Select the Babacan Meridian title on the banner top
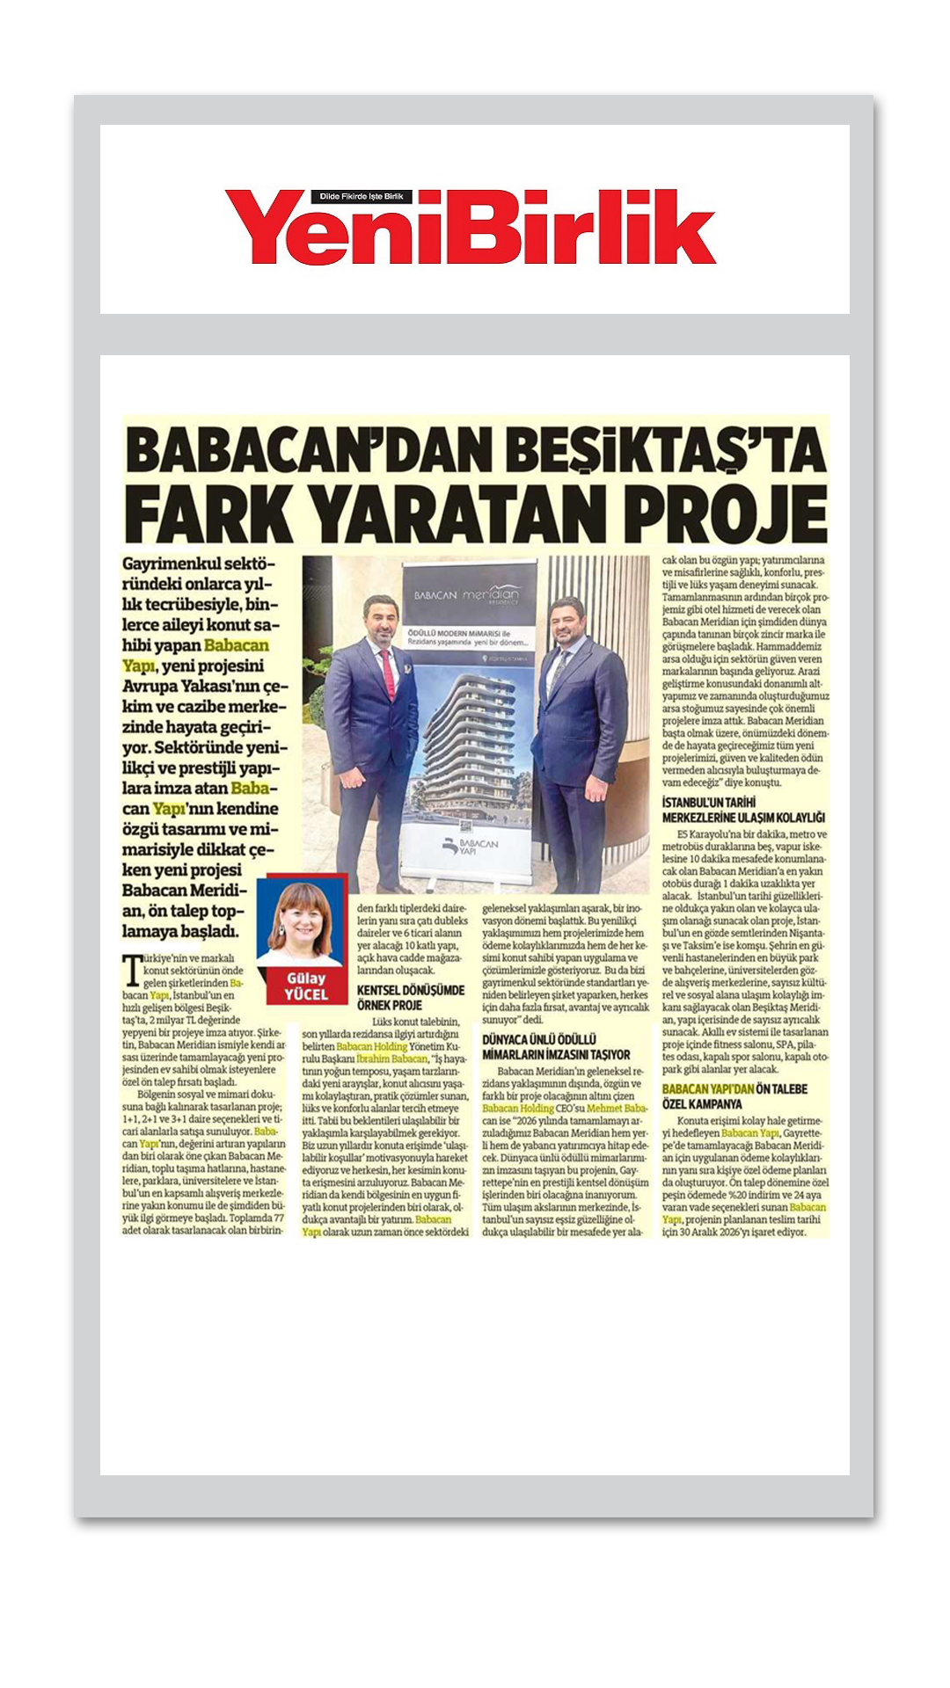click(x=466, y=595)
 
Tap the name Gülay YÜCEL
click(x=305, y=986)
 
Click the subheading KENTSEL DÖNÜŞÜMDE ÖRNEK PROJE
click(x=410, y=997)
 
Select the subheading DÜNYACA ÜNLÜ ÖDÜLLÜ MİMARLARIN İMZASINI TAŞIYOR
click(x=556, y=1046)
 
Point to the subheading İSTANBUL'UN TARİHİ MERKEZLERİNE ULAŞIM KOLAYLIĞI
click(x=743, y=810)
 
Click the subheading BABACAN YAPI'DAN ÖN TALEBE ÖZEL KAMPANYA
click(x=734, y=1096)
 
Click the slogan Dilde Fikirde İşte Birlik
click(x=361, y=197)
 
